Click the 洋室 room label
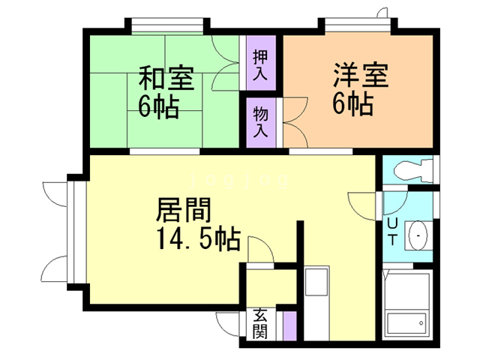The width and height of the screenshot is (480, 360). pyautogui.click(x=360, y=77)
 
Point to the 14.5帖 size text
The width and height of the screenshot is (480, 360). pyautogui.click(x=199, y=239)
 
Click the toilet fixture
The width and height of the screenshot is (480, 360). pyautogui.click(x=408, y=169)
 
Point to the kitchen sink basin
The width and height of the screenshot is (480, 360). pyautogui.click(x=313, y=285)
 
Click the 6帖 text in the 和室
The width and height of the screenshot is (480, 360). pyautogui.click(x=158, y=107)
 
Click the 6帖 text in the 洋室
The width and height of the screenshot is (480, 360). pyautogui.click(x=352, y=105)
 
